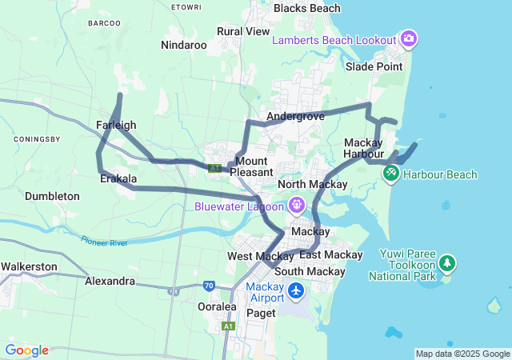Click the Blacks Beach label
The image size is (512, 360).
pyautogui.click(x=306, y=8)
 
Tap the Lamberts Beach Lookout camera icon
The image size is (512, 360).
pyautogui.click(x=409, y=38)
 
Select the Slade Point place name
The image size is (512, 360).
pyautogui.click(x=374, y=66)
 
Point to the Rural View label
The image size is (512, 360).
pyautogui.click(x=243, y=31)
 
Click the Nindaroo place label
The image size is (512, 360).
pyautogui.click(x=183, y=45)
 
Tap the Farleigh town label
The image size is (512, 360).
pyautogui.click(x=116, y=125)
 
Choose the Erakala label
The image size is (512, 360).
pyautogui.click(x=118, y=178)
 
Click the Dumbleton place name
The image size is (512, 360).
pyautogui.click(x=52, y=196)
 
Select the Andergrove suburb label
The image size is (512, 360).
pyautogui.click(x=295, y=116)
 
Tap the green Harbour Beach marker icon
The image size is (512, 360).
pyautogui.click(x=391, y=173)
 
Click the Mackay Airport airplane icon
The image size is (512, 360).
pyautogui.click(x=296, y=291)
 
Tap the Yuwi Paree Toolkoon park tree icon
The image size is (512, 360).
pyautogui.click(x=446, y=262)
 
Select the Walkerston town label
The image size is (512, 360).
pyautogui.click(x=28, y=266)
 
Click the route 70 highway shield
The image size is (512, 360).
pyautogui.click(x=208, y=285)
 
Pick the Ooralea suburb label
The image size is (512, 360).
pyautogui.click(x=216, y=306)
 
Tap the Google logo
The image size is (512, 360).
pyautogui.click(x=26, y=350)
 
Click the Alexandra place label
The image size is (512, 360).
pyautogui.click(x=110, y=282)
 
